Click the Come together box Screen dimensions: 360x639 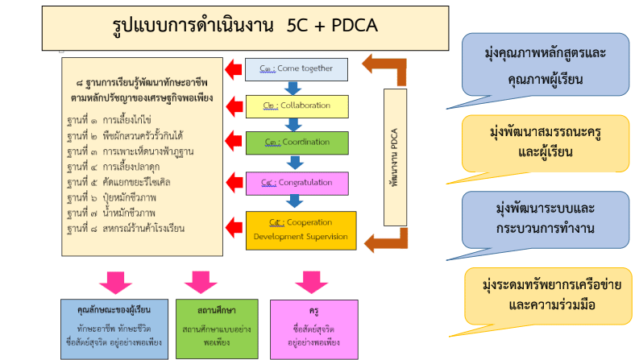coord(296,69)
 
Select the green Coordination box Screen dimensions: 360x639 coord(296,143)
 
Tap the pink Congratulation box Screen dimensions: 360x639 coord(296,183)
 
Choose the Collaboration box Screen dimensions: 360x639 coord(296,106)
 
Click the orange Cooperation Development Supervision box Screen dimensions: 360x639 coord(301,229)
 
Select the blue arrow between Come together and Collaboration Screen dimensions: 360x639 coord(296,88)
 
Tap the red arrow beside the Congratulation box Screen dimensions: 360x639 coord(235,183)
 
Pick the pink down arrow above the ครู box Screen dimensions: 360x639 coord(310,283)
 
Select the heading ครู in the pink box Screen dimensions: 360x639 coord(310,309)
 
